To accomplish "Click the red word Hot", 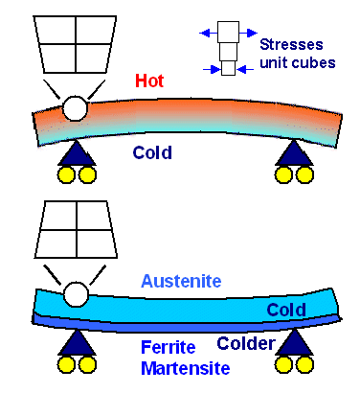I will tap(149, 82).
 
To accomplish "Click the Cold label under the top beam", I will tap(154, 150).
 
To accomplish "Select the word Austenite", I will tap(181, 282).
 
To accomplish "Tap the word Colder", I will tap(247, 343).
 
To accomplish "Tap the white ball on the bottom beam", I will tap(74, 293).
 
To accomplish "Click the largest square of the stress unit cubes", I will tap(228, 32).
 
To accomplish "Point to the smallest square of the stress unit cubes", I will tap(228, 69).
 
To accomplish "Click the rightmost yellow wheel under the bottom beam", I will tap(305, 365).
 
